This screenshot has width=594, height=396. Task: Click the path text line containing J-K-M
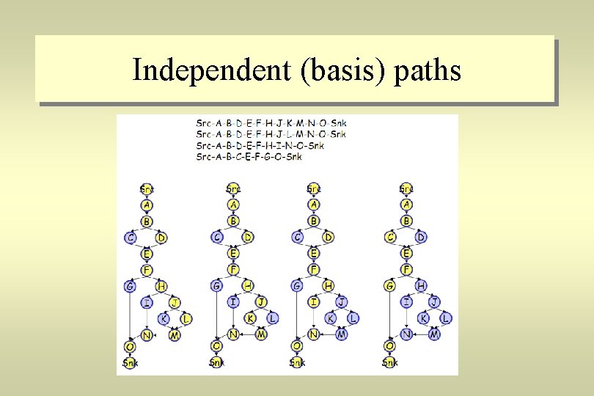[271, 122]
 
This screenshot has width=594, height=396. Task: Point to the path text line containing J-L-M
[271, 134]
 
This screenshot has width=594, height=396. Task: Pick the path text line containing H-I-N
[260, 145]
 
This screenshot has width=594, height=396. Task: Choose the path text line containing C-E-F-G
[249, 156]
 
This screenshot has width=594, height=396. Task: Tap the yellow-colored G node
[390, 286]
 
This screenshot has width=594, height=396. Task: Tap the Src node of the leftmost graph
[147, 189]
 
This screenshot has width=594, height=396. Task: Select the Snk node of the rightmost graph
[390, 362]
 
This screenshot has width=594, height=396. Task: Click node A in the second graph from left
[233, 205]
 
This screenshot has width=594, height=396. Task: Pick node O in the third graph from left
[297, 346]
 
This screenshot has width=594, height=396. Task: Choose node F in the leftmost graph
[147, 269]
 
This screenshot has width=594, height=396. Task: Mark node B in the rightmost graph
[406, 221]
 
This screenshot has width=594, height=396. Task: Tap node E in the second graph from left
[233, 254]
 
